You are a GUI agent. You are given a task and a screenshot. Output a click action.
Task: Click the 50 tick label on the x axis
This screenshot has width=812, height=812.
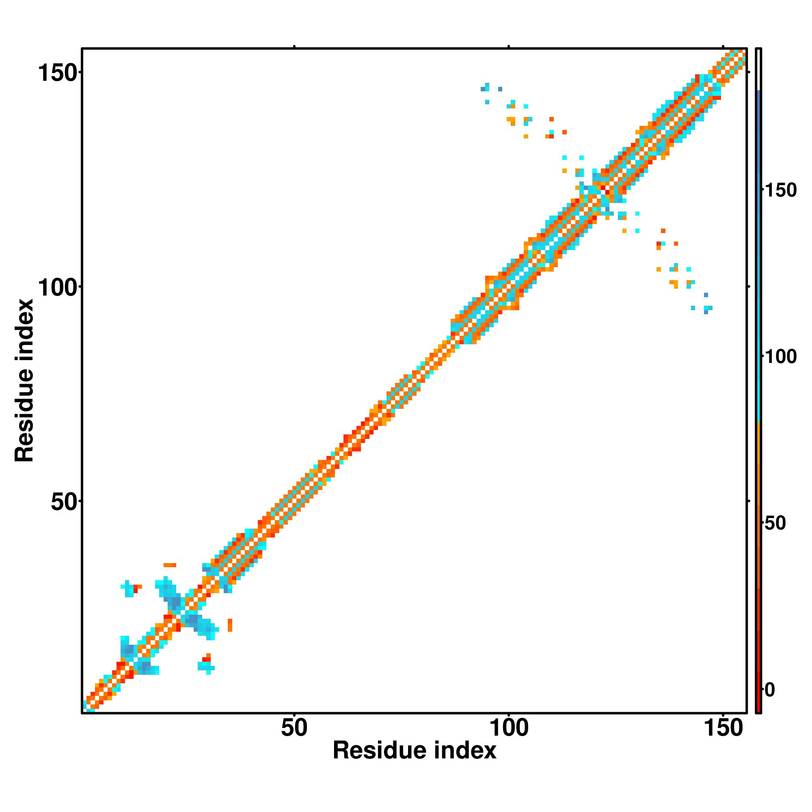coord(294,728)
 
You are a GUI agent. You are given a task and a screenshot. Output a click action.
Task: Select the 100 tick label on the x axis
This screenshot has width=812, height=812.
coord(509,728)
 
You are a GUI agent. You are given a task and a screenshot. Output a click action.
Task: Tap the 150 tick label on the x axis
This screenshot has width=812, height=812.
coord(723,728)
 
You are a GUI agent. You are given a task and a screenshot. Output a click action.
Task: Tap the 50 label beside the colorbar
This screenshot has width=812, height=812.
coord(775,523)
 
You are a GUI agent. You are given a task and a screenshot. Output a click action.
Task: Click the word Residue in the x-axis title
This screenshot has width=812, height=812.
coord(380,751)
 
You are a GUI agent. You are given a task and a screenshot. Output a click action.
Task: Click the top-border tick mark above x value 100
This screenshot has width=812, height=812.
coord(509,47)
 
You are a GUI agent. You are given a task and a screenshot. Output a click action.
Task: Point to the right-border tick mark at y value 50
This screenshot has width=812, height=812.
coord(749,501)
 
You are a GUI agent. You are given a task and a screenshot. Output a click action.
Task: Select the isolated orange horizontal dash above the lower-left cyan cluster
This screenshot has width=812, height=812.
coord(170,565)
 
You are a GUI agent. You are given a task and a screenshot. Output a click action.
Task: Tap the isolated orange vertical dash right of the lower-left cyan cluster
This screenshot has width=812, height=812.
coord(230,625)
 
